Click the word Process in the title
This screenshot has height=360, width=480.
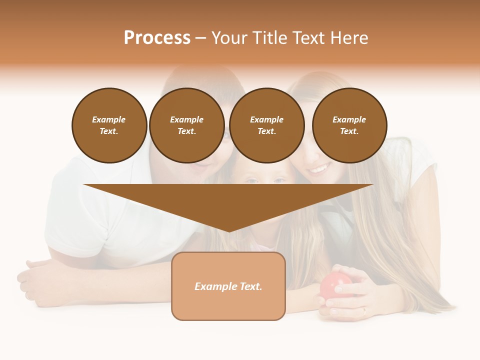click(157, 38)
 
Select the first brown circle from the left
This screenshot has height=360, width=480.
click(109, 125)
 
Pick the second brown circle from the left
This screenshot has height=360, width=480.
click(186, 125)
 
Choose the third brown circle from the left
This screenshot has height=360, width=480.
click(266, 125)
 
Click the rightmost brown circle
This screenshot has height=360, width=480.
click(349, 125)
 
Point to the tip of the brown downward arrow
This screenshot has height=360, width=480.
click(228, 231)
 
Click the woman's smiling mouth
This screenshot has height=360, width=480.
click(318, 170)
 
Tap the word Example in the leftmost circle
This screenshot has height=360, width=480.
click(109, 119)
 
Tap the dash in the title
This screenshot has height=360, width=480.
click(200, 38)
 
